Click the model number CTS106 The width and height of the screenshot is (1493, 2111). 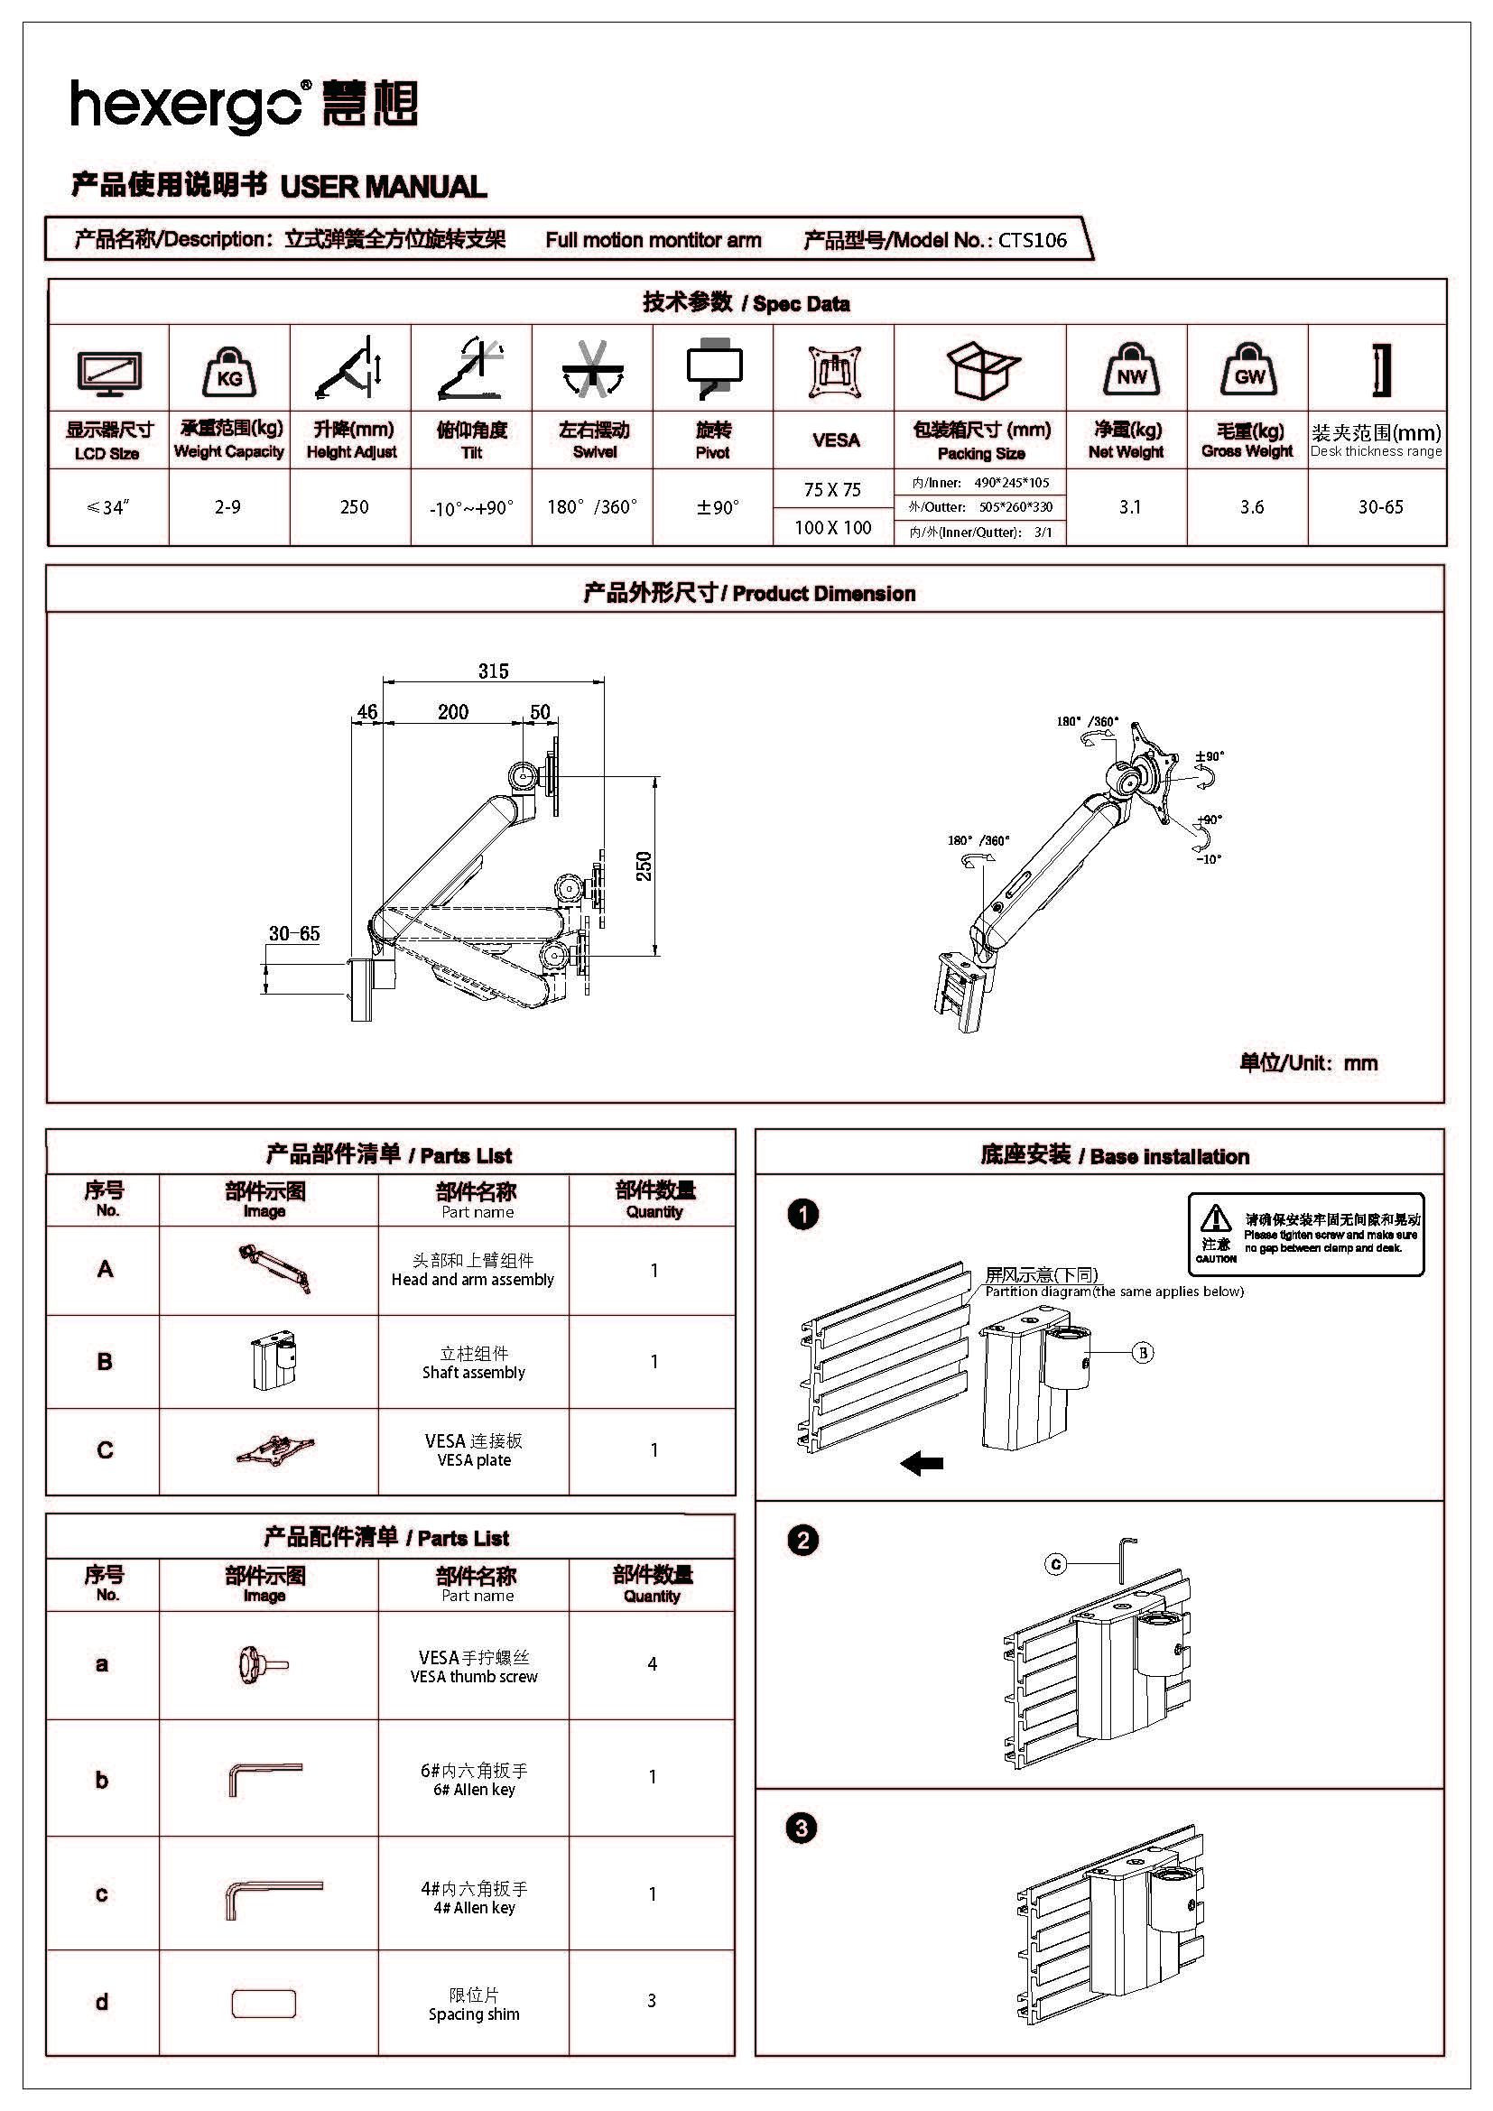[x=1033, y=240]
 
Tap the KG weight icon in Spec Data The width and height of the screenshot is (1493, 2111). [x=229, y=372]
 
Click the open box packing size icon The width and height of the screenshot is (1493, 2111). [x=983, y=370]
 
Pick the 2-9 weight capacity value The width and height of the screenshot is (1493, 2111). [x=228, y=506]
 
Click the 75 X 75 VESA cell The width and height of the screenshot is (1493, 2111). [x=832, y=490]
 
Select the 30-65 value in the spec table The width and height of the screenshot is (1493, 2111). [x=1380, y=506]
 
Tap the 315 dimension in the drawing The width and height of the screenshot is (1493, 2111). [x=493, y=671]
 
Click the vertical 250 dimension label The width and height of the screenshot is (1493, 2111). [x=644, y=866]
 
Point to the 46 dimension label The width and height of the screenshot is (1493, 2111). [x=366, y=710]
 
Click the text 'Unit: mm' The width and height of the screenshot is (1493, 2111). [x=1333, y=1063]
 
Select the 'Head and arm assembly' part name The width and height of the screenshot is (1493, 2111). [x=472, y=1279]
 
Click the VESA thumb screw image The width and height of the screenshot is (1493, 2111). [x=264, y=1663]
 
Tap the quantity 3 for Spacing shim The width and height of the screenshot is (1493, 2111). [x=652, y=2000]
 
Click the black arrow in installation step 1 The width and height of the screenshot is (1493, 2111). [x=922, y=1462]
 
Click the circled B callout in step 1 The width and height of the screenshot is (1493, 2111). [x=1143, y=1352]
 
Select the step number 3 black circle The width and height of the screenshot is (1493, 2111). [x=802, y=1828]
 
